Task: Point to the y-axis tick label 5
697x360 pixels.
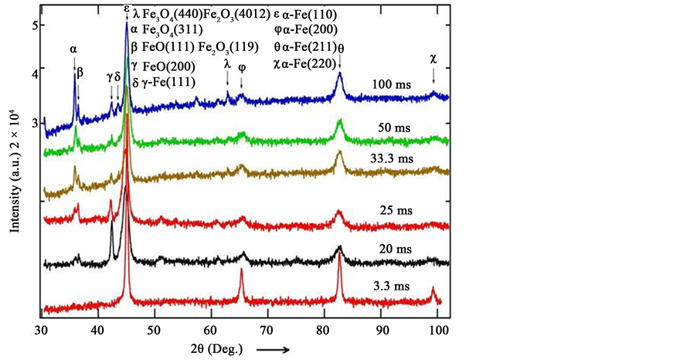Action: pyautogui.click(x=34, y=25)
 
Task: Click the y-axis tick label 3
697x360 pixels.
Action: pyautogui.click(x=34, y=123)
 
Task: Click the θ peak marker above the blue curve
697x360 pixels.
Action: pyautogui.click(x=341, y=48)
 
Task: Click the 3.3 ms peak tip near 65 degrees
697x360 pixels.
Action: pyautogui.click(x=241, y=270)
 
